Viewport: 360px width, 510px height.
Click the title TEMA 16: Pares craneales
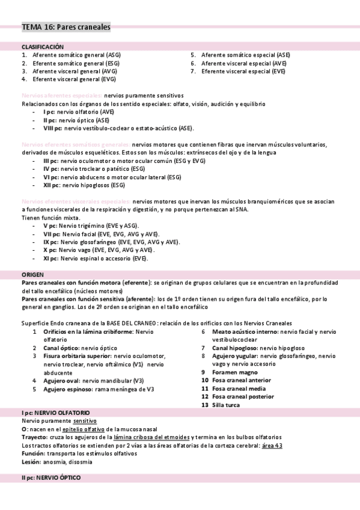(x=66, y=27)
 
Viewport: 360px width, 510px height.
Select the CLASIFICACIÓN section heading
(x=43, y=46)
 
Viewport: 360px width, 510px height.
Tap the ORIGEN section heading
(x=32, y=274)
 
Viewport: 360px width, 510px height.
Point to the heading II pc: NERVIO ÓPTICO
(x=50, y=477)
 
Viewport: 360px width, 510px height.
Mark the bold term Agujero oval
(x=61, y=381)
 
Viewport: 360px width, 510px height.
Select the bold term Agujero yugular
(x=236, y=356)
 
